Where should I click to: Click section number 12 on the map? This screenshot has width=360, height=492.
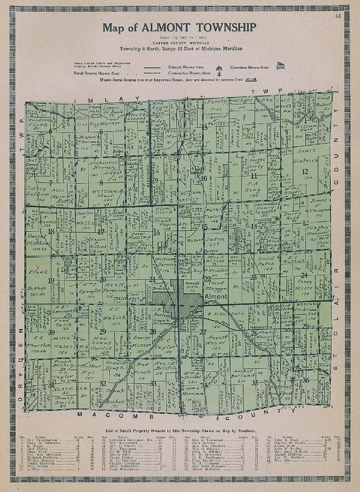(x=304, y=171)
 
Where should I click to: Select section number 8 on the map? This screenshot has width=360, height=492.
(x=101, y=182)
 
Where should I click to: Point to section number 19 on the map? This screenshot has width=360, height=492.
(x=51, y=280)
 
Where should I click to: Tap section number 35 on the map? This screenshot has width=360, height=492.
(x=255, y=382)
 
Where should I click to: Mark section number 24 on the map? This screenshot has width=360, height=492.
(x=304, y=275)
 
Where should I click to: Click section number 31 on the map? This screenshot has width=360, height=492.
(x=52, y=383)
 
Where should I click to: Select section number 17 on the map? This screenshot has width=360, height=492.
(x=100, y=232)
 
